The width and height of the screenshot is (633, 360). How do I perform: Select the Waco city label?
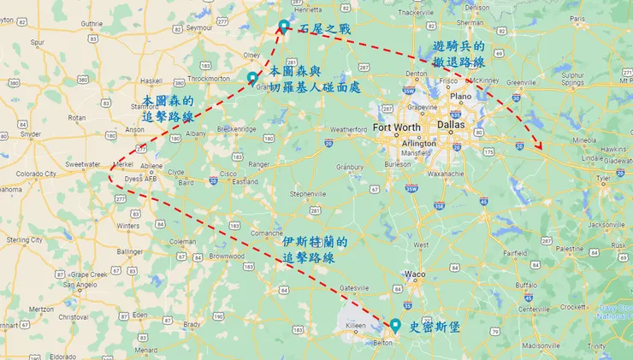[x=415, y=274]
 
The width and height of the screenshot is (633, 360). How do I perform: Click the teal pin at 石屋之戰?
[x=283, y=27]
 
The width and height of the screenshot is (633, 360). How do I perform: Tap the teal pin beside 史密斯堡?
[x=394, y=326]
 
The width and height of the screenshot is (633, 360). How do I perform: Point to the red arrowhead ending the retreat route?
[x=540, y=150]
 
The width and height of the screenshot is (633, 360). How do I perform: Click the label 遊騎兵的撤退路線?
[x=458, y=54]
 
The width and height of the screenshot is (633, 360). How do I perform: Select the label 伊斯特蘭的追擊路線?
[x=314, y=249]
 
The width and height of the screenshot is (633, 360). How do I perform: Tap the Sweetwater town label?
[x=82, y=163]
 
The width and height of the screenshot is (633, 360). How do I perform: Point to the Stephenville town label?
[x=309, y=194]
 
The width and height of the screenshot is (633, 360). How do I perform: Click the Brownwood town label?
[x=226, y=256]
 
